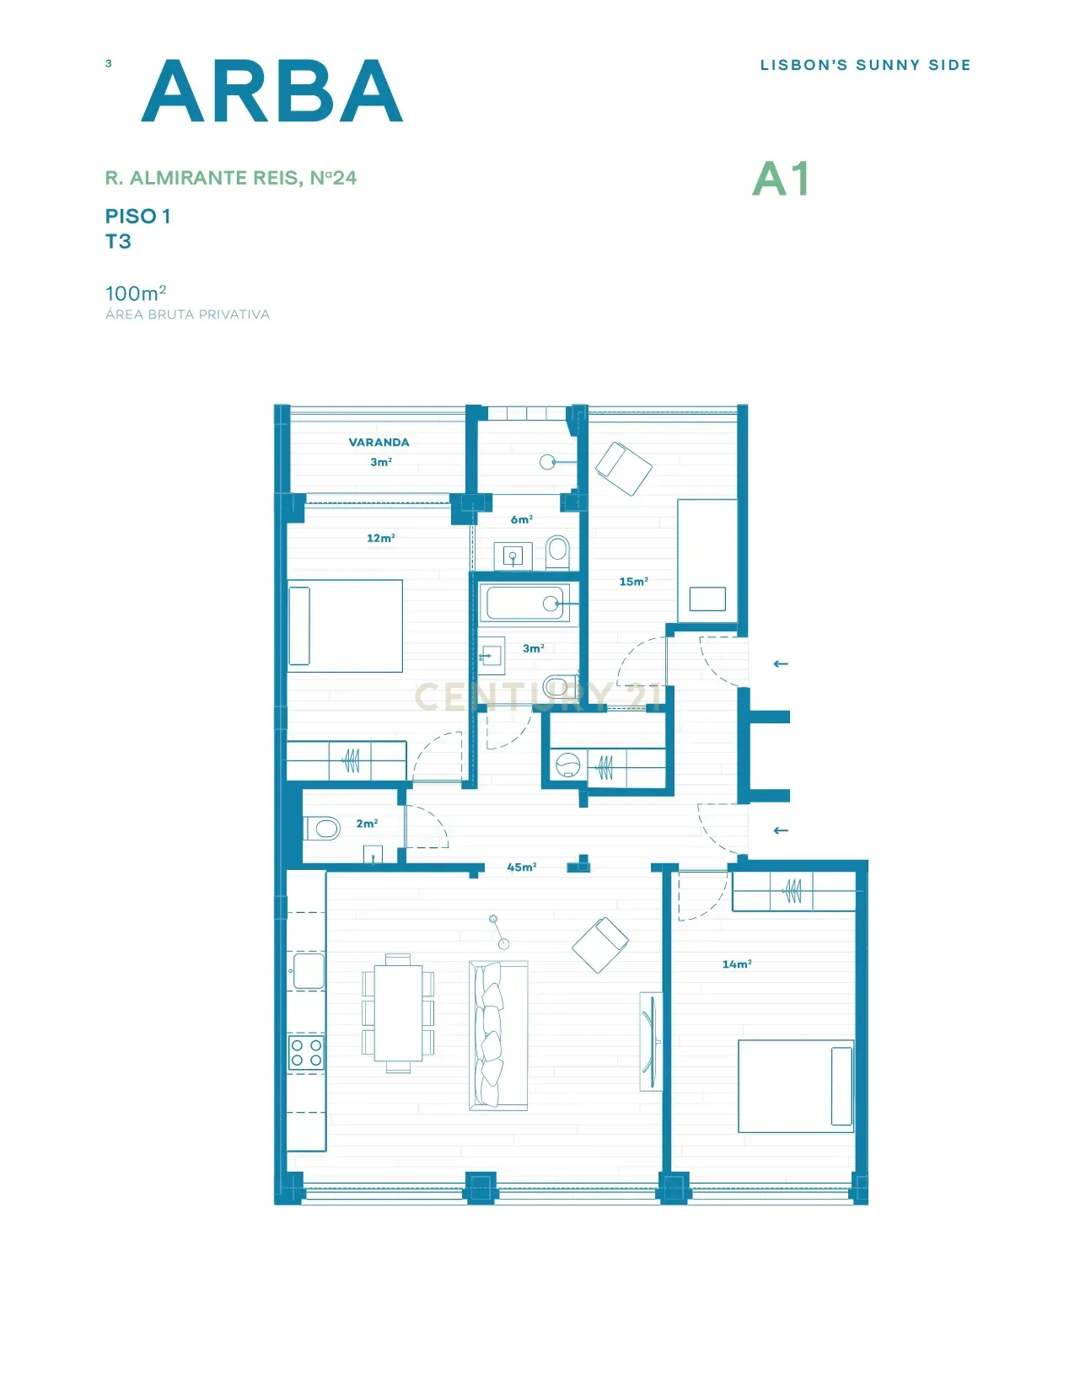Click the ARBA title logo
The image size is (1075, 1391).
271,91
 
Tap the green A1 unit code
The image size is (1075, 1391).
781,179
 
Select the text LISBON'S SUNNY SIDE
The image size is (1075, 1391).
865,66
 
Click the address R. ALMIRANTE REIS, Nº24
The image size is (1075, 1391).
231,178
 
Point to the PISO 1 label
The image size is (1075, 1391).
138,217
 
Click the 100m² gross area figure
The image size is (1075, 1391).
136,293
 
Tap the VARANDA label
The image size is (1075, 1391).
379,442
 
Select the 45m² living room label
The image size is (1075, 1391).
521,867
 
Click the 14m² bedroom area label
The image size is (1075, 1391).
737,964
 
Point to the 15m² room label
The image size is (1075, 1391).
633,581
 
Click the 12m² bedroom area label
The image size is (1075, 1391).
380,538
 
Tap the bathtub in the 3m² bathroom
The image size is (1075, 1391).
524,603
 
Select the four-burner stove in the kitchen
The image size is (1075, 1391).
306,1053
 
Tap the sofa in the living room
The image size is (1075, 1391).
498,1035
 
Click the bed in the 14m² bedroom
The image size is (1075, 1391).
796,1086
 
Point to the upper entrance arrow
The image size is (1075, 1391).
781,664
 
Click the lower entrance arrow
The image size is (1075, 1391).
781,830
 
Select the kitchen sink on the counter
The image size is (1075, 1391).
308,970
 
